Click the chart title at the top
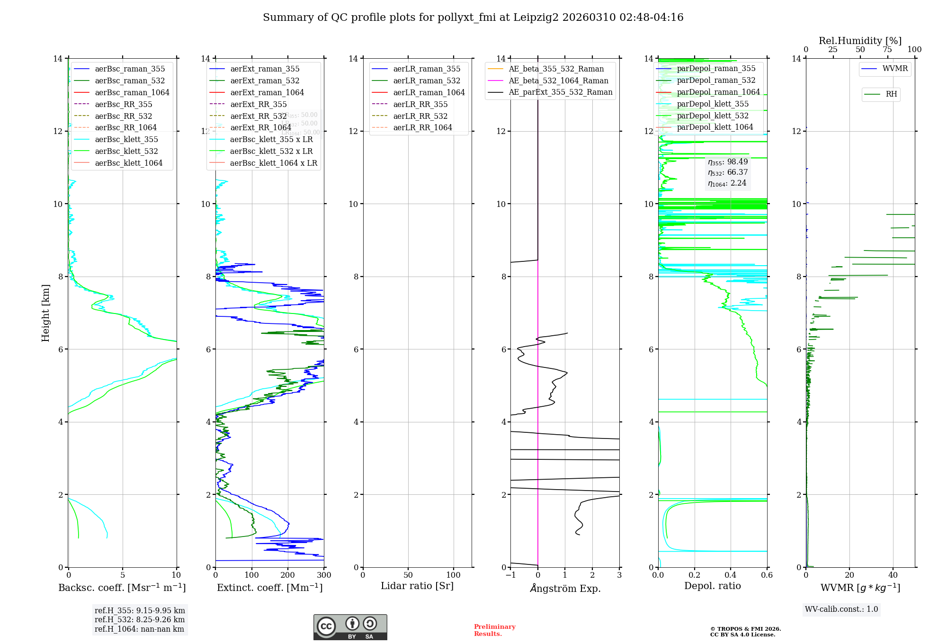point(473,18)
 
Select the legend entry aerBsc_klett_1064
point(128,163)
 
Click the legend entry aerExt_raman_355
point(265,69)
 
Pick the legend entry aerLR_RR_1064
point(422,127)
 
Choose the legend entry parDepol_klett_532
point(713,116)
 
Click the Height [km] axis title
point(45,313)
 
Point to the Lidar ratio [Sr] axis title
point(417,586)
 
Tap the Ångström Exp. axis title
point(565,588)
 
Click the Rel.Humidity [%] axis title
point(860,41)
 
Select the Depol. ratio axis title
point(712,586)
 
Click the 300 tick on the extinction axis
point(324,575)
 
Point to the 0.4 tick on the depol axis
point(731,575)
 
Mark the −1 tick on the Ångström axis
point(510,575)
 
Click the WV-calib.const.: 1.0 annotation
point(841,609)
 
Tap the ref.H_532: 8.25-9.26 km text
point(140,619)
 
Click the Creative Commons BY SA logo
point(350,627)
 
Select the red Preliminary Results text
point(494,630)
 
